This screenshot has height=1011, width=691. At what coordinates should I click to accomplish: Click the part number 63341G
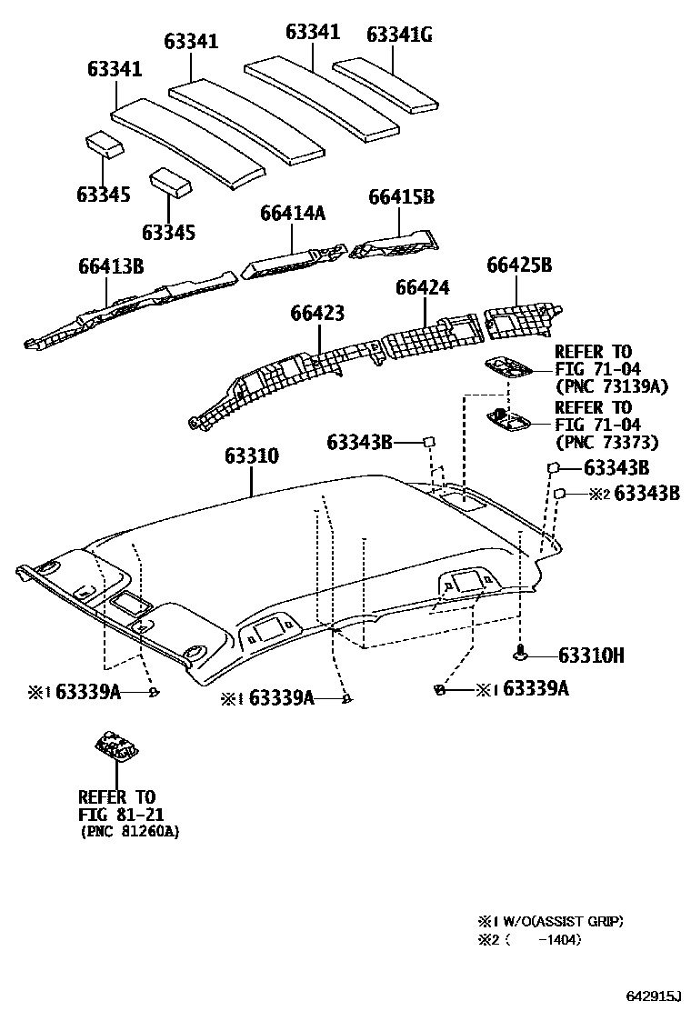point(398,35)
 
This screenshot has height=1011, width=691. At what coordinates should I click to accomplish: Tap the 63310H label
point(590,656)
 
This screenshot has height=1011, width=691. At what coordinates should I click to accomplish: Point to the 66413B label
point(110,266)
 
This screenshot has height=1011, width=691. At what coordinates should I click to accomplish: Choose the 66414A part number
point(292,213)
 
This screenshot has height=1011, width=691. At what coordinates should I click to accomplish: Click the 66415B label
point(401,197)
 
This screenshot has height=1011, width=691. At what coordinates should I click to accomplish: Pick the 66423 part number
point(317,313)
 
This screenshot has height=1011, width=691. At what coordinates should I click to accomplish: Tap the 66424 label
point(422,288)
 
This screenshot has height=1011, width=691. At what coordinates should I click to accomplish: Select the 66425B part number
point(519,266)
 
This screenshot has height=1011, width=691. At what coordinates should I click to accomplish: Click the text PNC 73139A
point(611,386)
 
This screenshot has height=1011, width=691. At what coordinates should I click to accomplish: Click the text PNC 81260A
point(129,831)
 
